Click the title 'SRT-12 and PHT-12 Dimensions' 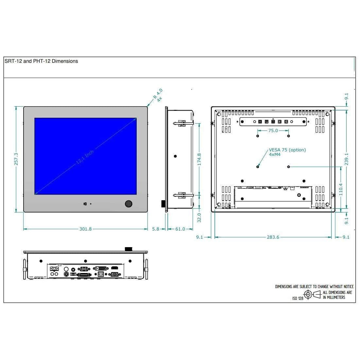41,61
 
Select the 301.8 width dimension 85,229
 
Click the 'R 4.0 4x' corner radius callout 158,95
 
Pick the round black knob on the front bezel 129,204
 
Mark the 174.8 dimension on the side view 199,159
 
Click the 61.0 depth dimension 180,229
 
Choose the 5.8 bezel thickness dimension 156,229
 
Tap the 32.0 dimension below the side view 199,218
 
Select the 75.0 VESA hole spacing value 273,130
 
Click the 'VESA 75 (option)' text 287,150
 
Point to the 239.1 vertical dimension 347,159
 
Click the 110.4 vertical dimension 341,189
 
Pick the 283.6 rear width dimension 273,237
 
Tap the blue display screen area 85,141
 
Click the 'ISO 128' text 298,298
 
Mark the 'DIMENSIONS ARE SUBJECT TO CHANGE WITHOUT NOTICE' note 314,287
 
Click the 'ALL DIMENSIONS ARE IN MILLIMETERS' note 337,295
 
